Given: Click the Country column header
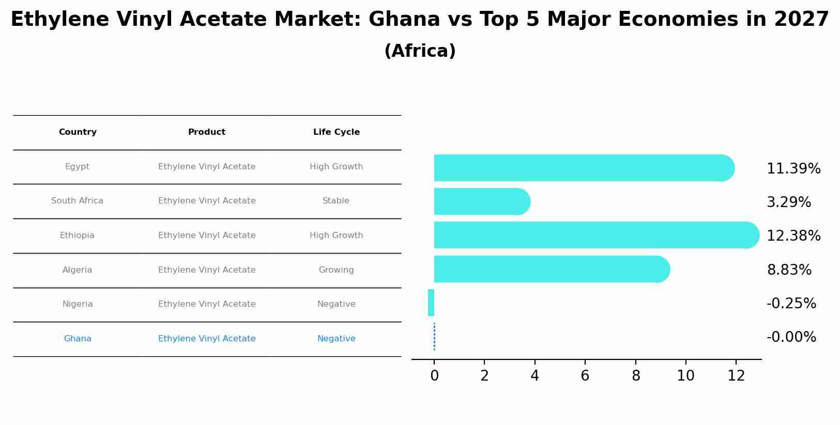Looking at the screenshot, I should tap(78, 132).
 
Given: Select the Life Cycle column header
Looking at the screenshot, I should tap(336, 132).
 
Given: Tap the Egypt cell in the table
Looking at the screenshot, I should tap(77, 167).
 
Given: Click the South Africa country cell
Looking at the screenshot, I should tap(77, 201).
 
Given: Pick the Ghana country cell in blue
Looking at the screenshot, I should tap(78, 339).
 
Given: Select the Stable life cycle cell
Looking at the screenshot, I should tap(336, 201).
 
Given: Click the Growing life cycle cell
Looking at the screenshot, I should tap(336, 270).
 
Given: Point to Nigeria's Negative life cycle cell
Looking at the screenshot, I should tap(336, 304).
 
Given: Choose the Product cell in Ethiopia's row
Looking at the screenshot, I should tap(207, 235).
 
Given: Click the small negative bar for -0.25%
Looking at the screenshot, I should tap(431, 303).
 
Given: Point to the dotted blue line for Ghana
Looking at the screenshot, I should tap(434, 336).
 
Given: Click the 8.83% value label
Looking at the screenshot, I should tap(789, 270).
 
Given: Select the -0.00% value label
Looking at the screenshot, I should tap(791, 337).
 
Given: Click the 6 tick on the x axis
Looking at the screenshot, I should tap(585, 376).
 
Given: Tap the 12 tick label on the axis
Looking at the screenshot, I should tap(736, 376).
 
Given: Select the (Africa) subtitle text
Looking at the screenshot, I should tap(420, 51).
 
